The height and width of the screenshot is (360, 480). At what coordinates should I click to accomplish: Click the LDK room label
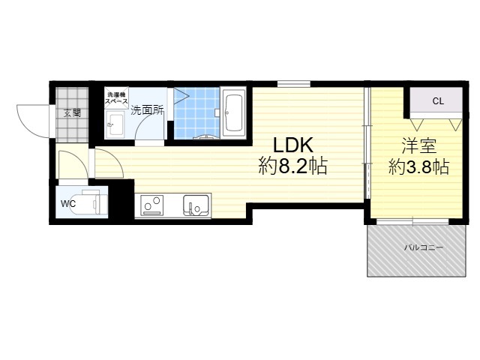(x=293, y=145)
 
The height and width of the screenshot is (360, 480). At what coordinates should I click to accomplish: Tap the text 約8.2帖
(x=293, y=166)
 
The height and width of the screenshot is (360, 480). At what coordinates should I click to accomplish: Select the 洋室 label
(x=418, y=145)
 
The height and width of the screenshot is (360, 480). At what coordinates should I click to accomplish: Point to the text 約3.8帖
(x=418, y=167)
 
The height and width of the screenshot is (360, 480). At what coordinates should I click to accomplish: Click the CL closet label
(x=438, y=101)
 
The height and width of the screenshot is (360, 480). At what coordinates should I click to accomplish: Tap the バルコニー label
(x=423, y=247)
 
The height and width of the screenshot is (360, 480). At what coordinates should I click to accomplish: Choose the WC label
(x=68, y=203)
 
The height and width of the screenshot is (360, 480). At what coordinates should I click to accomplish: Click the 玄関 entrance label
(x=73, y=113)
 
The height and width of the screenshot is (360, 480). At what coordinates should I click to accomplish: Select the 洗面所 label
(x=147, y=110)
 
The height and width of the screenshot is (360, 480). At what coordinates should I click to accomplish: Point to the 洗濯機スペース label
(x=116, y=98)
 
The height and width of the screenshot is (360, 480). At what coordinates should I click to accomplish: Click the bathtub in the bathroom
(x=233, y=112)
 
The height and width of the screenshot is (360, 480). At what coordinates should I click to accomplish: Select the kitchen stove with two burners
(x=151, y=205)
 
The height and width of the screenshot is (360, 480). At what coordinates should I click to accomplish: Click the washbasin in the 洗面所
(x=115, y=124)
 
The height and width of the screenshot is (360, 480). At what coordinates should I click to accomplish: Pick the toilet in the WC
(x=91, y=202)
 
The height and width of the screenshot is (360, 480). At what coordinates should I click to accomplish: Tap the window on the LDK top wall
(x=294, y=83)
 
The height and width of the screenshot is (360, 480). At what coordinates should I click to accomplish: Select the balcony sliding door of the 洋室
(x=412, y=221)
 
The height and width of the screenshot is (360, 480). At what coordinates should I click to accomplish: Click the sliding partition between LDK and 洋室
(x=367, y=143)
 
